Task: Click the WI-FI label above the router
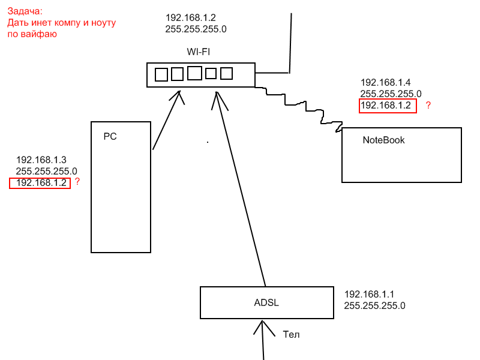pos(198,52)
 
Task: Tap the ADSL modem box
pos(266,302)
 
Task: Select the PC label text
pos(110,136)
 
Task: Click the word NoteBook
pos(383,140)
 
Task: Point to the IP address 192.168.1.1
pos(369,295)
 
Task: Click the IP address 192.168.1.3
pos(41,160)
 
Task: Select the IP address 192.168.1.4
pos(385,82)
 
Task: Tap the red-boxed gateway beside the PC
pos(40,183)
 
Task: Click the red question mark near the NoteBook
pos(428,106)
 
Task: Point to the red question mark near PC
pos(77,181)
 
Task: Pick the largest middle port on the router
pos(194,73)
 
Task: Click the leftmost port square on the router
pos(161,74)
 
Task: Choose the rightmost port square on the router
pos(226,74)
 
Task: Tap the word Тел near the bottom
pos(291,334)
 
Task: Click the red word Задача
pos(25,11)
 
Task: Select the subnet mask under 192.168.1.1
pos(374,306)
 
